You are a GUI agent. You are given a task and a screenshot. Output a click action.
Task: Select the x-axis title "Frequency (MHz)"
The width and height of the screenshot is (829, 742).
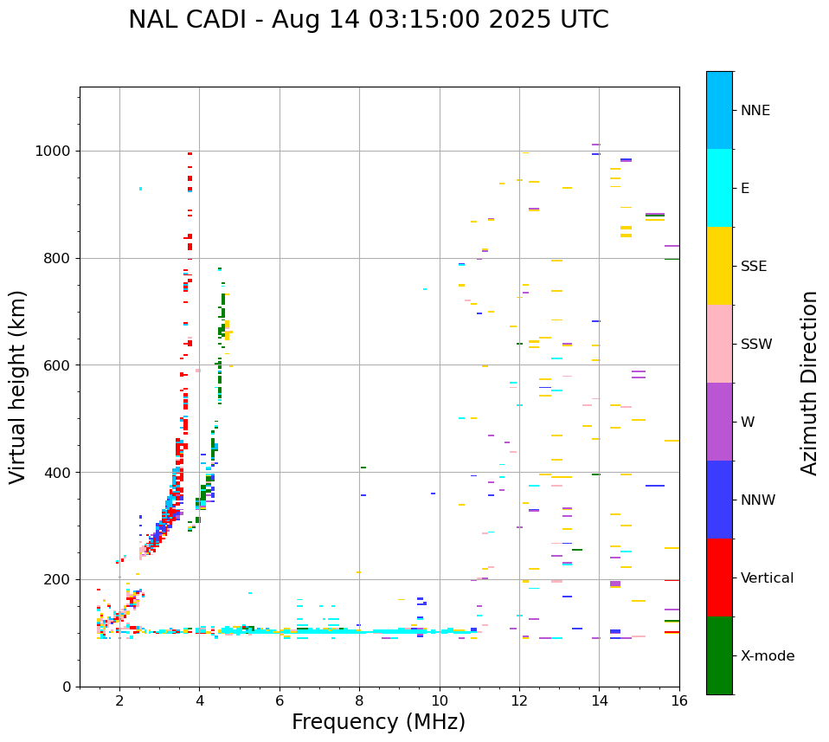click(378, 722)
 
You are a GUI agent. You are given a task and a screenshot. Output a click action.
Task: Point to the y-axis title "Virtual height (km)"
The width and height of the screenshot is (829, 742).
click(18, 386)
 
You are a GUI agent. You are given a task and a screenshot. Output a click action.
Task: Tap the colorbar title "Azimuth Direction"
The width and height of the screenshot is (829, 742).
click(809, 383)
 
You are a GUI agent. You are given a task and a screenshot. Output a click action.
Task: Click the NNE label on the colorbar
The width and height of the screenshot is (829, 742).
click(755, 111)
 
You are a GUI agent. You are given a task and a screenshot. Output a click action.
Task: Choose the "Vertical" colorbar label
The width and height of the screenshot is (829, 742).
click(767, 578)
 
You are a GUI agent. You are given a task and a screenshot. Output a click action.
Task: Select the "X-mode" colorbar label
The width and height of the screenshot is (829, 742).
click(767, 656)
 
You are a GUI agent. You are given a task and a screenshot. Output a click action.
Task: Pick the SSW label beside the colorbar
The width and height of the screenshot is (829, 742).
click(756, 345)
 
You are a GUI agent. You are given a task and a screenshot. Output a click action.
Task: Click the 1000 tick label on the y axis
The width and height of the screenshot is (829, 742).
click(55, 151)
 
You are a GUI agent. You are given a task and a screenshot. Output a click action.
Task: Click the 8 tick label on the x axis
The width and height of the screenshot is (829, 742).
click(359, 700)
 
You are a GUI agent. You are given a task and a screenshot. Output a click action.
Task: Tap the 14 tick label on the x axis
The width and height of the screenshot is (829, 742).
click(599, 700)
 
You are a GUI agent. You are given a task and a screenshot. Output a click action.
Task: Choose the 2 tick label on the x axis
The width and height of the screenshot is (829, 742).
click(119, 700)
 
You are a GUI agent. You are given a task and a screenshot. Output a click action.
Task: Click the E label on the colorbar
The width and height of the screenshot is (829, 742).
click(745, 189)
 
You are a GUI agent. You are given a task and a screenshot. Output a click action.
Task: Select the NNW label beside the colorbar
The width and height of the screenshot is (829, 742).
click(758, 500)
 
